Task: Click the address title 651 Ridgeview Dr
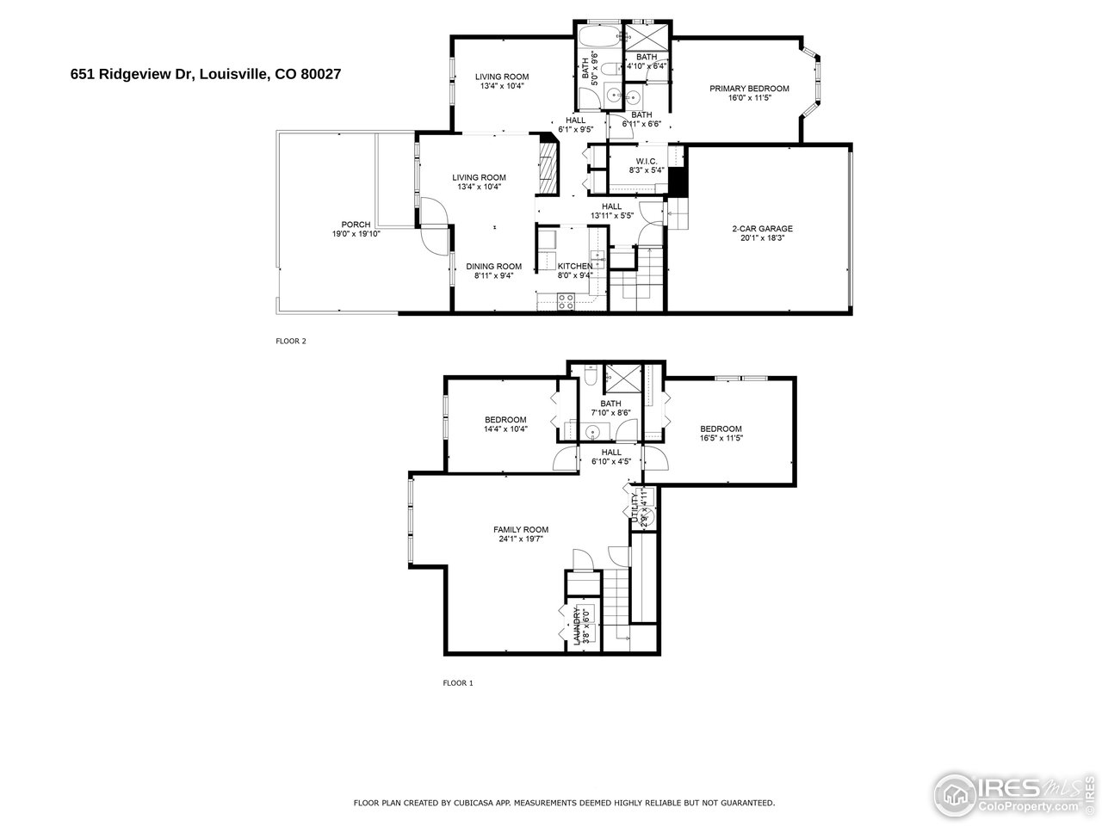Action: [206, 75]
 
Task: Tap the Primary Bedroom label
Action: [749, 93]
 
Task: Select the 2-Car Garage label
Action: [762, 233]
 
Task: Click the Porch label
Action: [356, 229]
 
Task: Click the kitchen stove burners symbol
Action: [566, 301]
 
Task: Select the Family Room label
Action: [520, 533]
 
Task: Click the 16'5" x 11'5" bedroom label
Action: [720, 434]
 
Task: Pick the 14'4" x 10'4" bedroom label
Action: [505, 424]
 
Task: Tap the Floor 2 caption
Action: [290, 341]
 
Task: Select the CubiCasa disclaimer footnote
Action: [564, 802]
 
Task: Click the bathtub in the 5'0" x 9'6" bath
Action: [595, 40]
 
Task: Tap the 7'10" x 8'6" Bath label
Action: [610, 408]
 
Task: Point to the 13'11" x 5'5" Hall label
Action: [611, 211]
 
